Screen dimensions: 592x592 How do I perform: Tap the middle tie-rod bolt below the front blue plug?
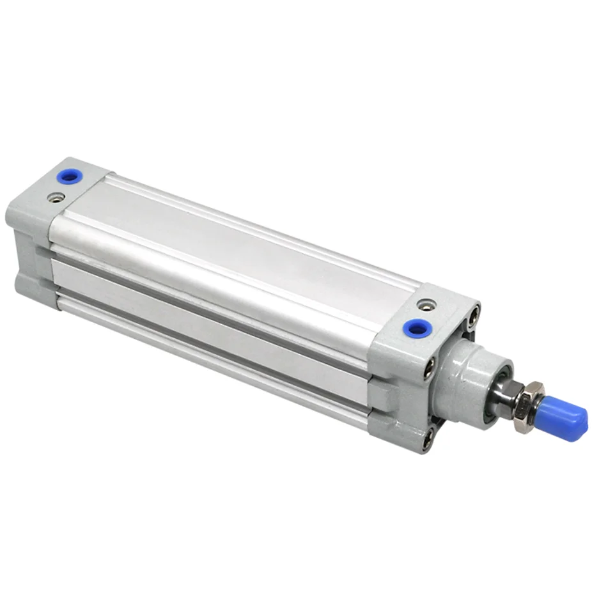(x=429, y=366)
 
